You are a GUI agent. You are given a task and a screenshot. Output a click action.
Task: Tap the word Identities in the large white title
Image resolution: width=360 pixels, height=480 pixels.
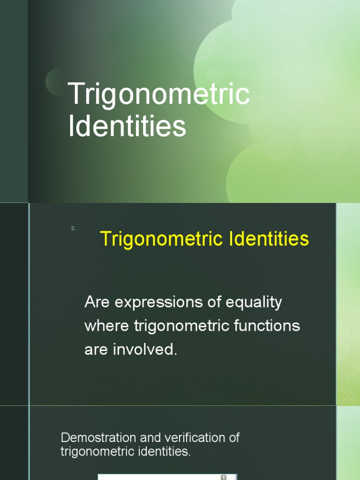click(127, 127)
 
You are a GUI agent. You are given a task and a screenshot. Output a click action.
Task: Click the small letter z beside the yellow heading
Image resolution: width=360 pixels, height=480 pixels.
click(73, 228)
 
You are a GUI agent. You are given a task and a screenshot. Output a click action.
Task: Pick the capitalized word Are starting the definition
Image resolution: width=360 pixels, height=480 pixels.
click(97, 302)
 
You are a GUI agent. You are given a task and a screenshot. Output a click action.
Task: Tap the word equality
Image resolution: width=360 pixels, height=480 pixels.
click(254, 303)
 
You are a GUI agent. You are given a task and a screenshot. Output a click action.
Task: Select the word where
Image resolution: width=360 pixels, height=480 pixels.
click(107, 326)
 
